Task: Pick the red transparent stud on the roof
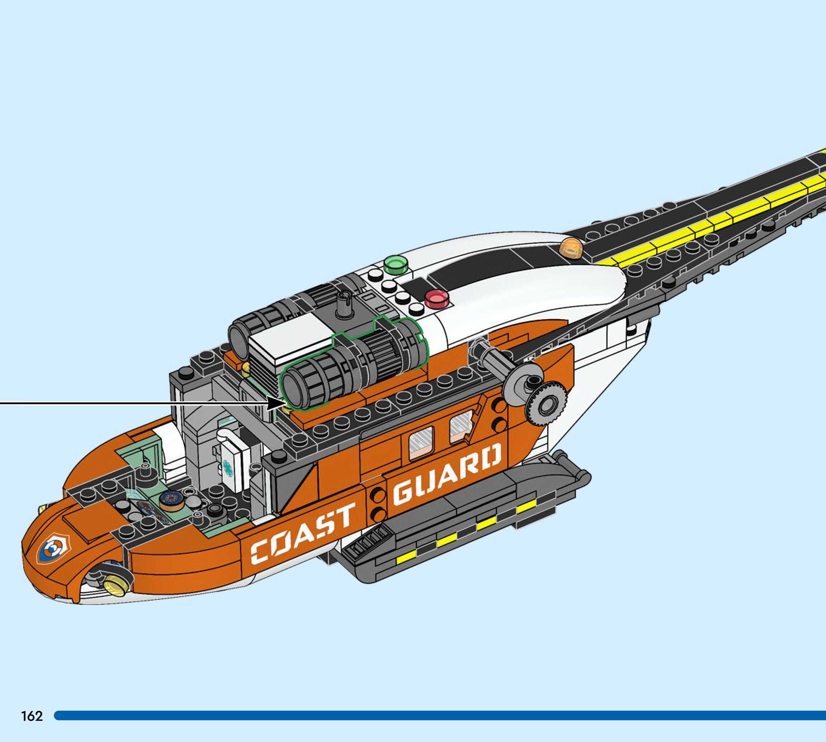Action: (436, 298)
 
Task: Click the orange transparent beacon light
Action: (571, 248)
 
